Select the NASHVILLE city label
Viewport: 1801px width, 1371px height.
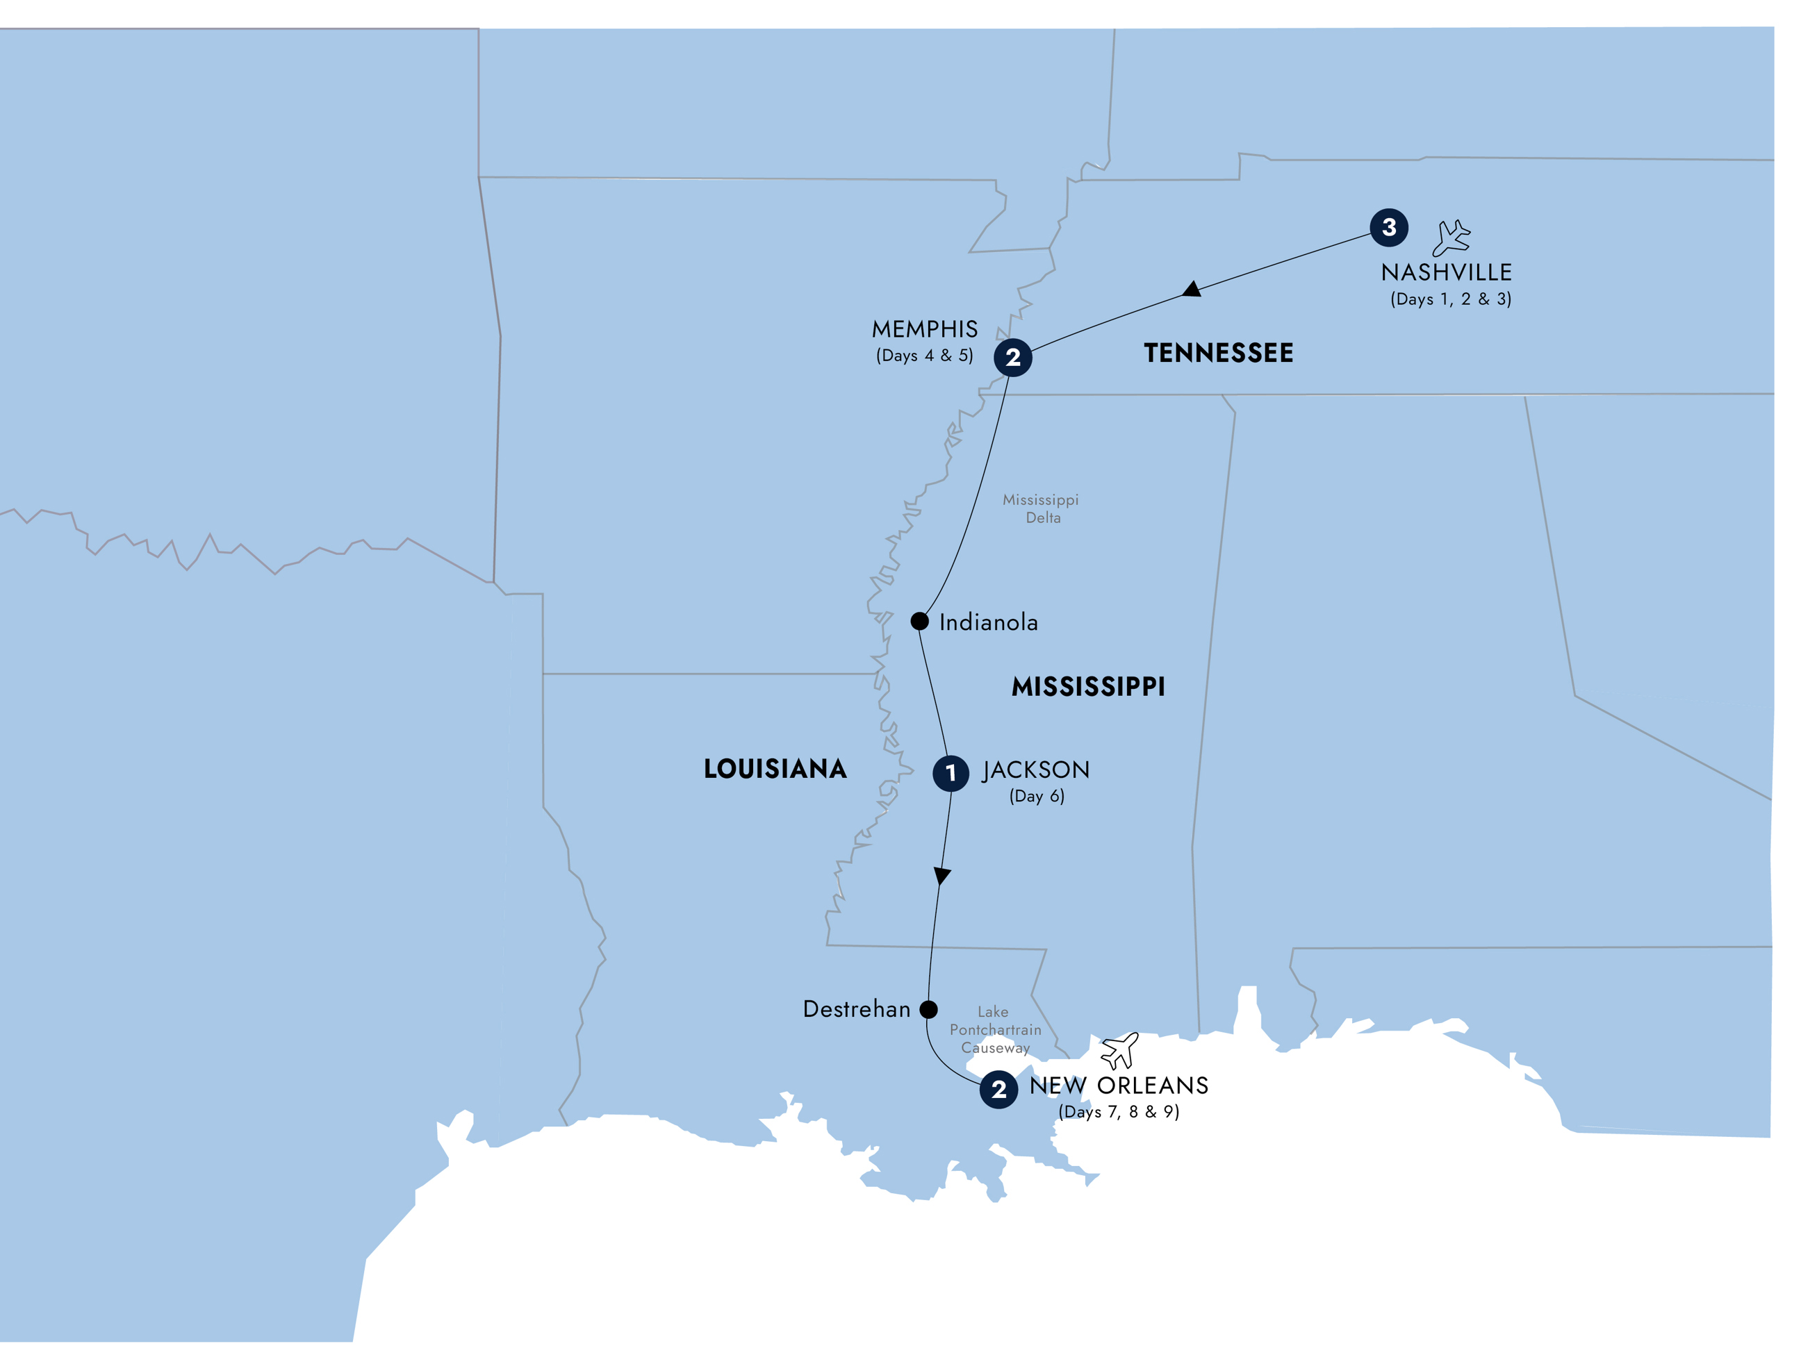[x=1446, y=272]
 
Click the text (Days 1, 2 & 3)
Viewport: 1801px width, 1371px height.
[x=1450, y=299]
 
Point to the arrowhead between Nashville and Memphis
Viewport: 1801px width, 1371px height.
[x=1192, y=290]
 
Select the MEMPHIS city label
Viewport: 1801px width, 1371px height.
[x=924, y=329]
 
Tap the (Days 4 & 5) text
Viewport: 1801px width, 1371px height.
[x=924, y=355]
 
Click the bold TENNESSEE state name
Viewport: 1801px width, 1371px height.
[x=1218, y=353]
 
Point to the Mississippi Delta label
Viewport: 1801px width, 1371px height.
[x=1041, y=508]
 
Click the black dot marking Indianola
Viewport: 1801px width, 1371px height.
[x=919, y=621]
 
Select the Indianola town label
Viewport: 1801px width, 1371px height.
[x=988, y=623]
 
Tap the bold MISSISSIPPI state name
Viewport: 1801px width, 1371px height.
[x=1088, y=686]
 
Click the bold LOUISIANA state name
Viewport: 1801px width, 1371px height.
[x=775, y=769]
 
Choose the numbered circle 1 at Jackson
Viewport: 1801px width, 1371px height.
[x=951, y=773]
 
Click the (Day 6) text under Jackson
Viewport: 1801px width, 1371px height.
[x=1037, y=796]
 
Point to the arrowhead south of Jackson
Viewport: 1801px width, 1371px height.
[x=942, y=876]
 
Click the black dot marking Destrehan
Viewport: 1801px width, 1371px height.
[x=928, y=1009]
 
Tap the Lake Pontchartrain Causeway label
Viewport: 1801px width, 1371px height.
[x=995, y=1030]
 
